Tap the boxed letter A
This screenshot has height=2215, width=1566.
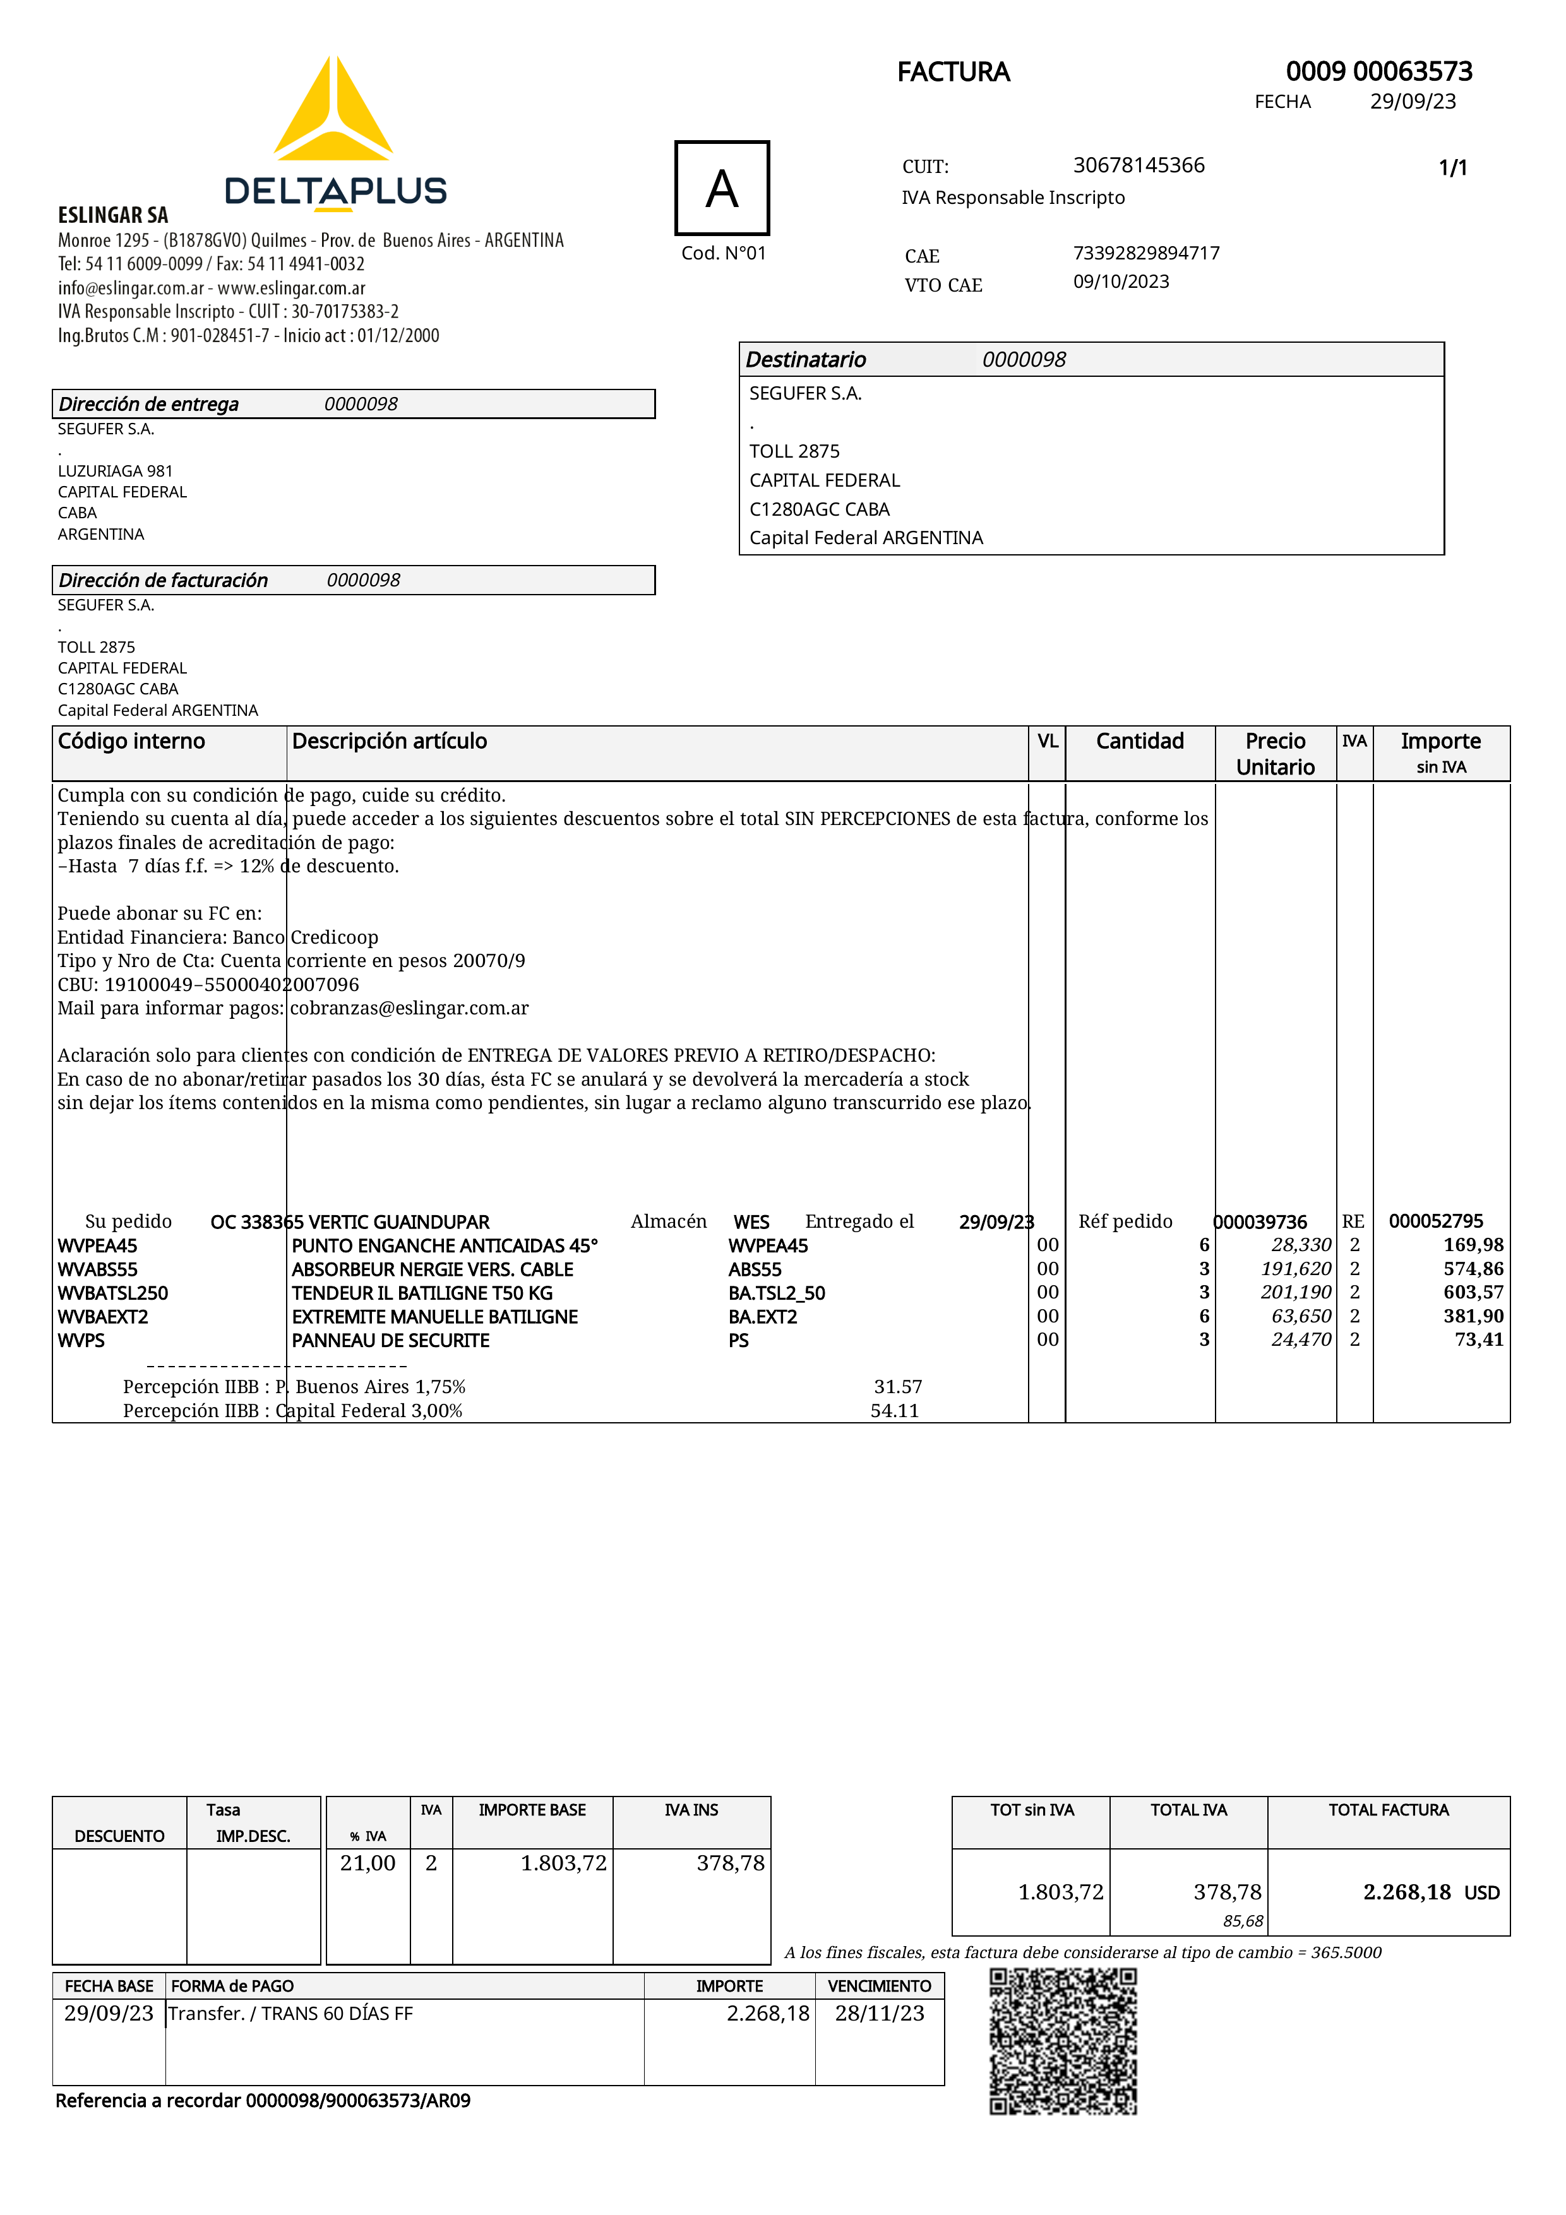pyautogui.click(x=722, y=188)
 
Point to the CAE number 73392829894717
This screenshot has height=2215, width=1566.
pyautogui.click(x=1146, y=252)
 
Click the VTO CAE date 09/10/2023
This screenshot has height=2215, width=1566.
pyautogui.click(x=1121, y=282)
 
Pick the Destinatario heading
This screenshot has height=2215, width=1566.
pyautogui.click(x=806, y=360)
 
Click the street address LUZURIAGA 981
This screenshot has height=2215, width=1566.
pyautogui.click(x=115, y=471)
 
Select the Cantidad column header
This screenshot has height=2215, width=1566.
pyautogui.click(x=1140, y=741)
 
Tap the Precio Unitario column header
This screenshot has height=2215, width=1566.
pyautogui.click(x=1275, y=754)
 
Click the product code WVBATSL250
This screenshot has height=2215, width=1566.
pyautogui.click(x=113, y=1293)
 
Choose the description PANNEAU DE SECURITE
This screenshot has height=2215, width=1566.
pyautogui.click(x=391, y=1340)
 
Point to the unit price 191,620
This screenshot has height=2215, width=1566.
pyautogui.click(x=1296, y=1269)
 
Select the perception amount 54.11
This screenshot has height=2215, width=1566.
pyautogui.click(x=894, y=1410)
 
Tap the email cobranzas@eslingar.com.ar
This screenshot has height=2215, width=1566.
pyautogui.click(x=409, y=1008)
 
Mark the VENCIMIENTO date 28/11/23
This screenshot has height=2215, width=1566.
pyautogui.click(x=879, y=2014)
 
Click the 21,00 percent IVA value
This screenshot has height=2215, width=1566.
pyautogui.click(x=368, y=1863)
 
